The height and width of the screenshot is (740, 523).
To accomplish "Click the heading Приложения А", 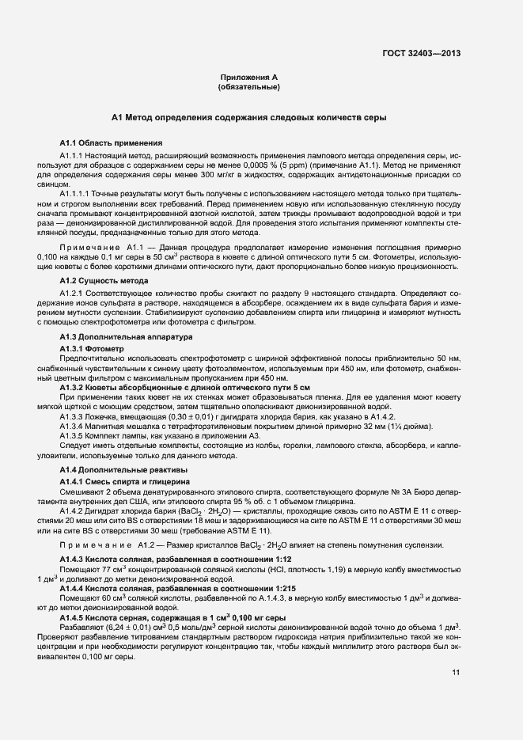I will click(x=249, y=77).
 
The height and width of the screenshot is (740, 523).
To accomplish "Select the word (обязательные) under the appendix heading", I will click(x=249, y=86).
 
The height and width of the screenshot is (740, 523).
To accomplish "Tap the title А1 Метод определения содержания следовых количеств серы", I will click(x=249, y=118).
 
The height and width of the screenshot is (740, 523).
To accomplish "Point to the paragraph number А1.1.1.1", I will click(x=79, y=192).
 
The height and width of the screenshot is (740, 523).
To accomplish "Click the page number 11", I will click(x=456, y=673).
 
